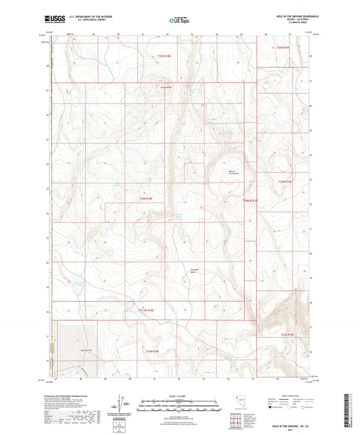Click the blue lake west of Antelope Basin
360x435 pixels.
click(78, 284)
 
